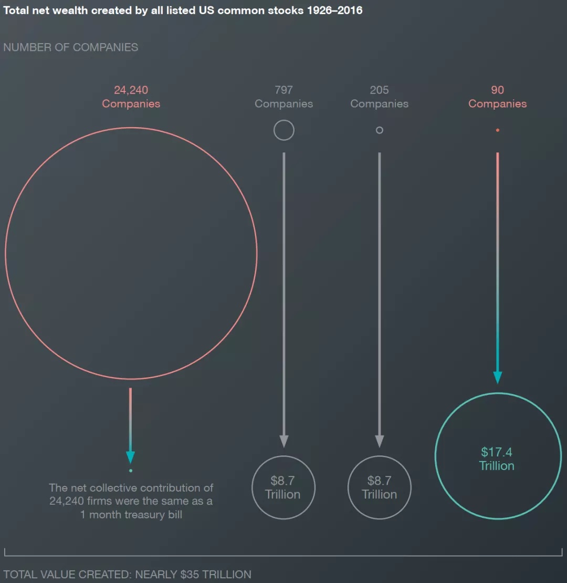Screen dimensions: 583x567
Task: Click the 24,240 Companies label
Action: pyautogui.click(x=131, y=97)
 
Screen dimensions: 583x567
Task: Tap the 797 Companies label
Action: pyautogui.click(x=283, y=97)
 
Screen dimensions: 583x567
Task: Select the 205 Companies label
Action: pyautogui.click(x=379, y=97)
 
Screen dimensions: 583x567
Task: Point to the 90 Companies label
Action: pyautogui.click(x=497, y=97)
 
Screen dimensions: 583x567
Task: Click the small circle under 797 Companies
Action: pyautogui.click(x=283, y=130)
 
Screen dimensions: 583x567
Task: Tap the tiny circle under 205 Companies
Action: pyautogui.click(x=380, y=130)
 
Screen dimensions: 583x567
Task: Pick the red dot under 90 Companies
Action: pyautogui.click(x=497, y=130)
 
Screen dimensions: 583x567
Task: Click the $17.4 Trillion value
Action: pyautogui.click(x=497, y=459)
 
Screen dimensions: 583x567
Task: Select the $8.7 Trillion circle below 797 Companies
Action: pyautogui.click(x=283, y=487)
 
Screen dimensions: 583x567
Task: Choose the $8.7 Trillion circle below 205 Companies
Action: pyautogui.click(x=379, y=487)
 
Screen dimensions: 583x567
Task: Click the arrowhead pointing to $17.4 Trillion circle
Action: pyautogui.click(x=497, y=377)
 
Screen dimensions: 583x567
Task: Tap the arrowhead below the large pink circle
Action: pyautogui.click(x=130, y=456)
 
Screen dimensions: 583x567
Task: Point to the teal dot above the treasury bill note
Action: pyautogui.click(x=131, y=471)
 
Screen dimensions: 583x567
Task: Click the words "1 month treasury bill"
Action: pyautogui.click(x=131, y=515)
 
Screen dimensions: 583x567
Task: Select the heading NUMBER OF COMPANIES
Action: pyautogui.click(x=70, y=47)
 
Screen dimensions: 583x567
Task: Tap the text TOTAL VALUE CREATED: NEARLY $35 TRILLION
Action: pyautogui.click(x=127, y=574)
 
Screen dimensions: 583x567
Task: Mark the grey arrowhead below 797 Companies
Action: pyautogui.click(x=283, y=441)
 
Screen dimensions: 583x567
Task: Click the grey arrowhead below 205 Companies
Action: pyautogui.click(x=380, y=441)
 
